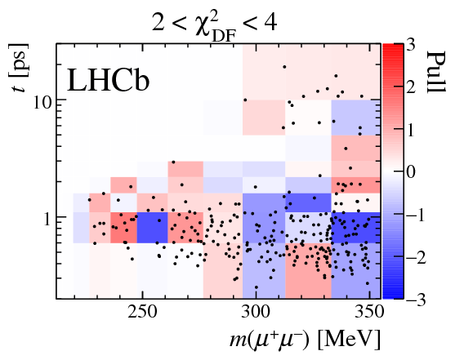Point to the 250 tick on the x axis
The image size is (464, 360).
[143, 314]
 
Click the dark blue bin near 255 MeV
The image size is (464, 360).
[153, 228]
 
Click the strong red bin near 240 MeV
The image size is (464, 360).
[124, 228]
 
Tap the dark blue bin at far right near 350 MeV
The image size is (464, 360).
[356, 228]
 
